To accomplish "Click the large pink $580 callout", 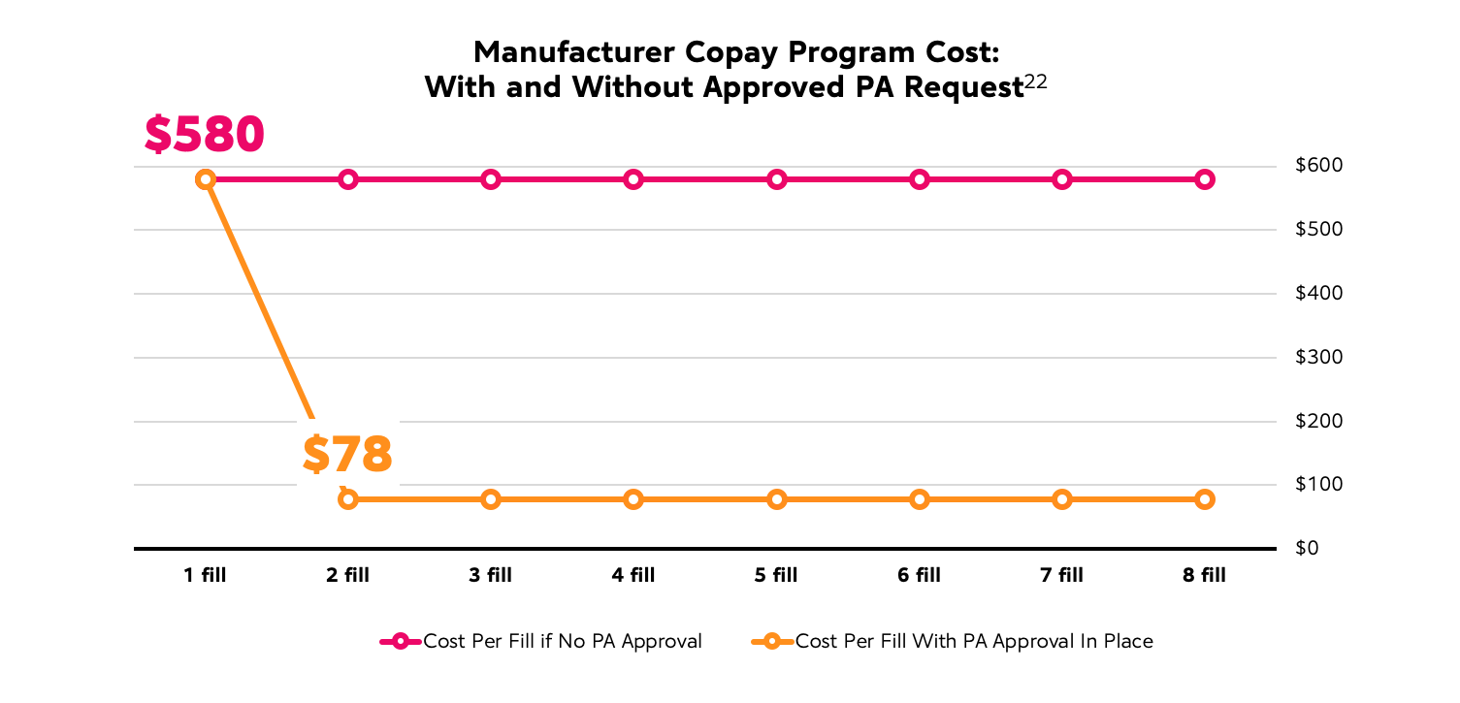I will pyautogui.click(x=205, y=136).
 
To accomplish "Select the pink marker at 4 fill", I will pyautogui.click(x=633, y=179).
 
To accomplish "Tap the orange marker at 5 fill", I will pyautogui.click(x=776, y=499).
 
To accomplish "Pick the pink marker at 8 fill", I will pyautogui.click(x=1205, y=179).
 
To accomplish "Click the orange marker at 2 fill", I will pyautogui.click(x=348, y=499).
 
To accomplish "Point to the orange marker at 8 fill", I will pyautogui.click(x=1205, y=499).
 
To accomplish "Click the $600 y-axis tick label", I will pyautogui.click(x=1319, y=166).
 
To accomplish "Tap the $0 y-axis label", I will pyautogui.click(x=1309, y=549).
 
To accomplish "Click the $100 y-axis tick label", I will pyautogui.click(x=1319, y=485).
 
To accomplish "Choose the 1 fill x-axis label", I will pyautogui.click(x=205, y=576).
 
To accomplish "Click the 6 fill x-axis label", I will pyautogui.click(x=919, y=576).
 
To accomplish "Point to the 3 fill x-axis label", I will pyautogui.click(x=491, y=576).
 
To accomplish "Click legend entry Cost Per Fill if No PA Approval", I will pyautogui.click(x=563, y=642).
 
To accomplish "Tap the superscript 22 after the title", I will pyautogui.click(x=1035, y=83).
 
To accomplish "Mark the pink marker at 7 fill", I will pyautogui.click(x=1062, y=179).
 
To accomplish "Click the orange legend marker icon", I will pyautogui.click(x=772, y=642).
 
